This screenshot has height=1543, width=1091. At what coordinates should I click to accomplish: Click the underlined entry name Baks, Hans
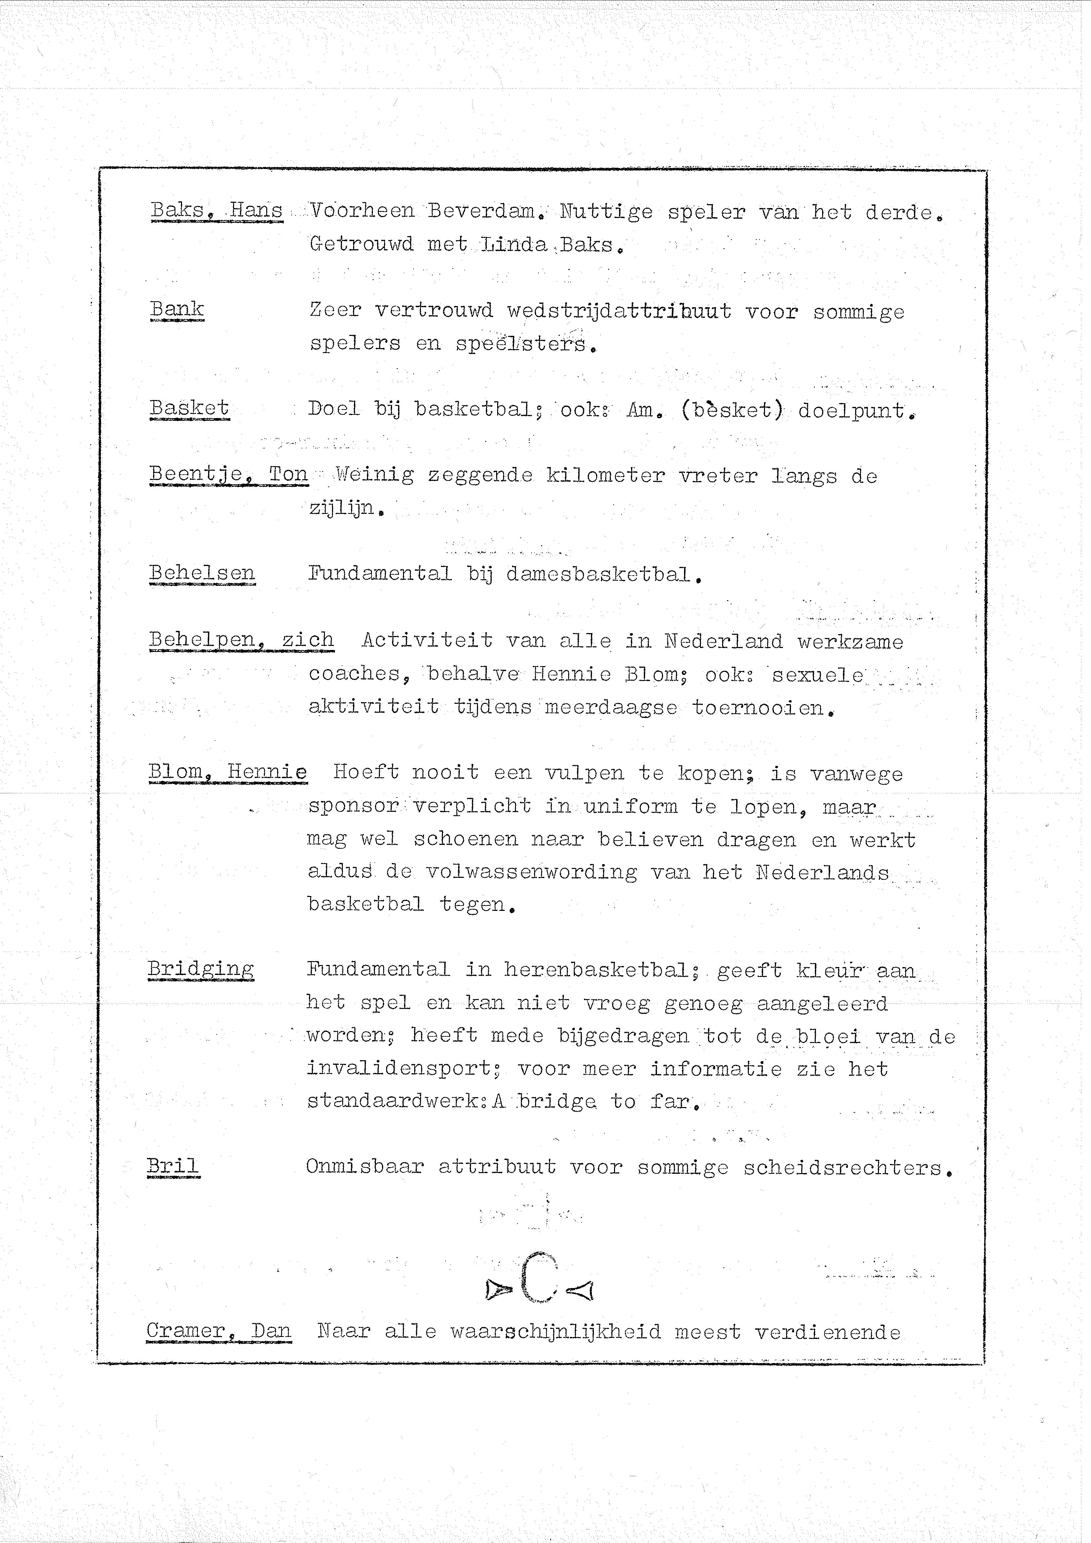click(216, 210)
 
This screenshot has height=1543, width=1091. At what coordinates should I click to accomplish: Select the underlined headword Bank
click(177, 309)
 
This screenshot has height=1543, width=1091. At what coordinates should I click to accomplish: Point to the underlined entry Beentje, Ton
click(228, 475)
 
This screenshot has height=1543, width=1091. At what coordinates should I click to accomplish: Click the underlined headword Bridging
click(200, 969)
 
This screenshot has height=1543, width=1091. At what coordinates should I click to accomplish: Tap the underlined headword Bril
click(173, 1166)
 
